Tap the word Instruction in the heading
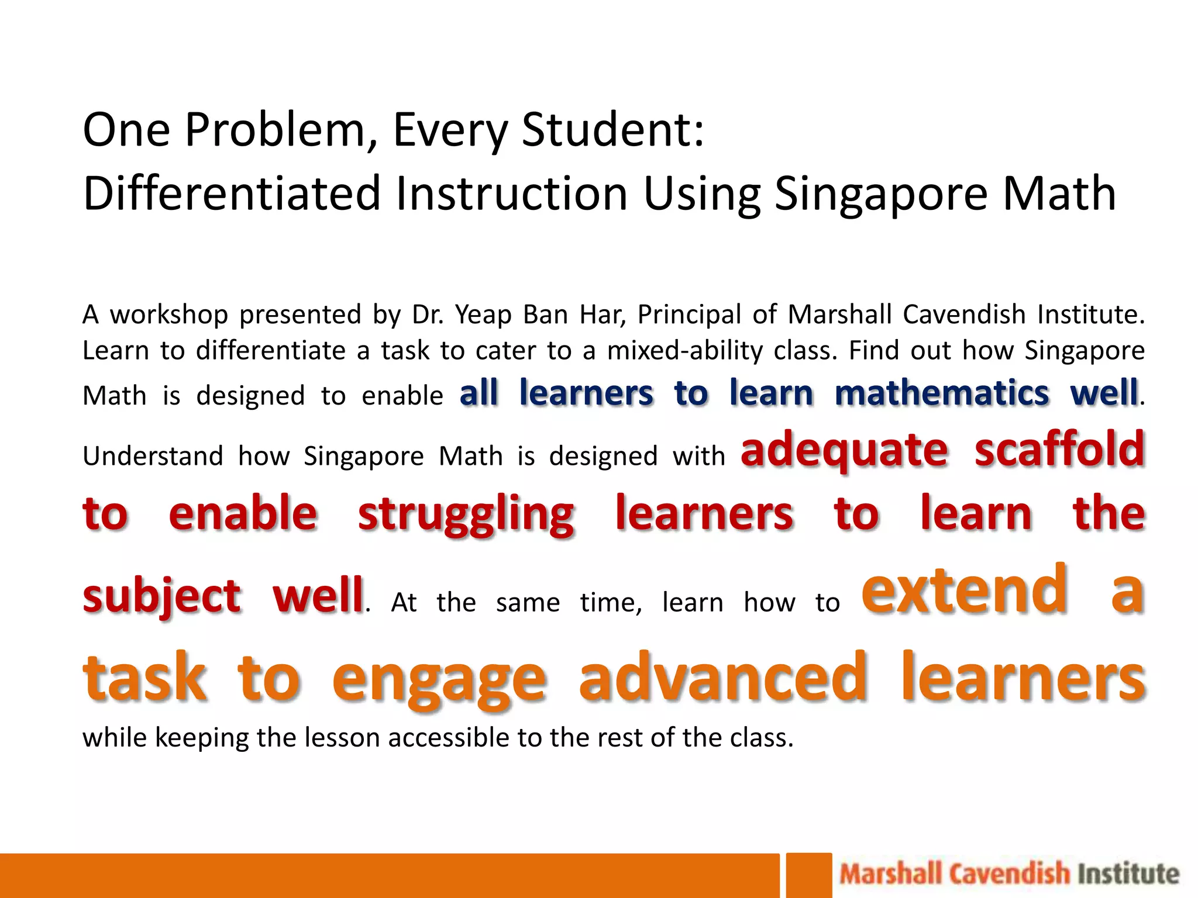512,194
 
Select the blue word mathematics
942,393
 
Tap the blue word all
478,393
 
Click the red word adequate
844,450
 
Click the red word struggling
466,514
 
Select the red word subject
162,596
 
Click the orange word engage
439,679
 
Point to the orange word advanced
723,678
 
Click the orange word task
145,678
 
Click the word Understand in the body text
153,457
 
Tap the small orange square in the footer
808,875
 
